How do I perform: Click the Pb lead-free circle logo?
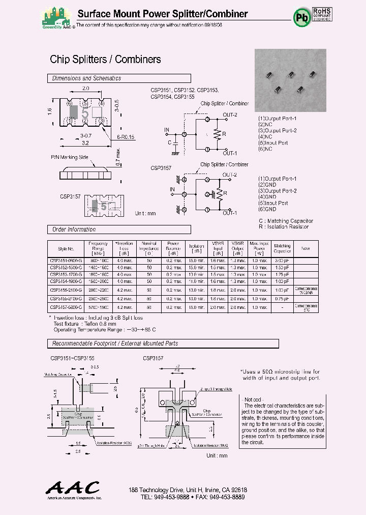(301, 17)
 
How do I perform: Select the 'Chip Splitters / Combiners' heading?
(105, 60)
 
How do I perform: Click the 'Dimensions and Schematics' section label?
(87, 78)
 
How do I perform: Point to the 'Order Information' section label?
(74, 230)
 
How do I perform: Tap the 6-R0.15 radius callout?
(125, 137)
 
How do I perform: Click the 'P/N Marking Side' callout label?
(70, 157)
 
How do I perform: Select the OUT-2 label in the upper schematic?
(230, 115)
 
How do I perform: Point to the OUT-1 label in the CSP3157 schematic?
(230, 213)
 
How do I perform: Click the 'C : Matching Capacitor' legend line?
(286, 221)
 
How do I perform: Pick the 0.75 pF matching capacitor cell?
(282, 299)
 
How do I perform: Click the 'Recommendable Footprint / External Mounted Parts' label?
(115, 344)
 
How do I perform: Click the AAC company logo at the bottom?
(73, 489)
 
